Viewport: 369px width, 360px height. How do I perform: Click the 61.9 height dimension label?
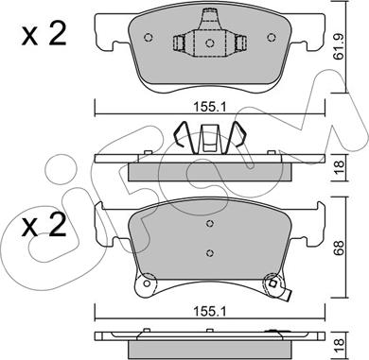tap(340, 46)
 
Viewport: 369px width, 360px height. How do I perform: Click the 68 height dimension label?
tap(340, 248)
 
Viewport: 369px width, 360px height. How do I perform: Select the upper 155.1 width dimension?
tap(210, 108)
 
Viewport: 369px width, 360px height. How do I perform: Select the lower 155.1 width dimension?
tap(210, 312)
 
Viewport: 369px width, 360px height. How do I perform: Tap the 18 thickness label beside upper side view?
tap(340, 167)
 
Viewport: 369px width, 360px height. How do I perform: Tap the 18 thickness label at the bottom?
tap(340, 346)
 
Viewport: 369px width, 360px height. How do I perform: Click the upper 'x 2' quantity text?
tap(44, 34)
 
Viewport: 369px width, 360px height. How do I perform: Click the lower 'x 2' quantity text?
tap(44, 225)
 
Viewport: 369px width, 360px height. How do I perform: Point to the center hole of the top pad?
tap(210, 43)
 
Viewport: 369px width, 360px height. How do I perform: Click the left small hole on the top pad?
tap(149, 38)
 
